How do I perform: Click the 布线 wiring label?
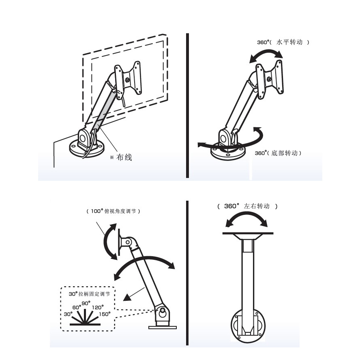(x=124, y=157)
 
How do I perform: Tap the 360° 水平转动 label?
(x=283, y=42)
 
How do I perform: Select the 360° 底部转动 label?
(x=278, y=153)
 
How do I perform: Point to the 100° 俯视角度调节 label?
(x=114, y=211)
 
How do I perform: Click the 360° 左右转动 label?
(x=247, y=206)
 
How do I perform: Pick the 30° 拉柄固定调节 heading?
(x=90, y=294)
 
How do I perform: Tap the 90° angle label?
(x=86, y=303)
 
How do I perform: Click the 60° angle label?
(x=77, y=307)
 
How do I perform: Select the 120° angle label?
(x=98, y=307)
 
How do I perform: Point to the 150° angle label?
(x=105, y=314)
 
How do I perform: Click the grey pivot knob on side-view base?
(x=163, y=310)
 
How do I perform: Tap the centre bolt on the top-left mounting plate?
(x=126, y=80)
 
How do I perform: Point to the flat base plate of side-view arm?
(x=163, y=328)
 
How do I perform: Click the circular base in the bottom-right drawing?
(x=248, y=326)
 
